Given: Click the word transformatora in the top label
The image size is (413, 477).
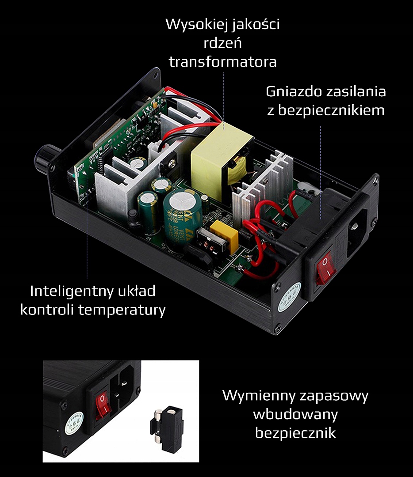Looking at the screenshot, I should click(222, 61).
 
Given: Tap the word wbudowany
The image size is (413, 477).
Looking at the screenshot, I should click(295, 414).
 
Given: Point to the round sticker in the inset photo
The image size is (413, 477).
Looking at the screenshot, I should click(74, 423).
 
